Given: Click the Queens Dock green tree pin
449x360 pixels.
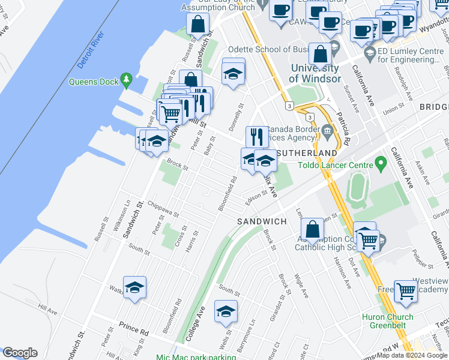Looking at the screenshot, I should [x=126, y=79].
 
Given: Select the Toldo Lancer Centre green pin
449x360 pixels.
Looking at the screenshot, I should [x=380, y=163].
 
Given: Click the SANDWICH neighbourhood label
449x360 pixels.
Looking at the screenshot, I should [x=261, y=221].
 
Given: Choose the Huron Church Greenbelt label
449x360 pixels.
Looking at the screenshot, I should [x=387, y=322].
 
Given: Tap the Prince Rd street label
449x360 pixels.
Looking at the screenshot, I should [x=133, y=331].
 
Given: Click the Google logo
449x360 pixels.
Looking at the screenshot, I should [x=19, y=353].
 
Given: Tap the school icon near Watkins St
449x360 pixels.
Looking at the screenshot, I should [x=135, y=287].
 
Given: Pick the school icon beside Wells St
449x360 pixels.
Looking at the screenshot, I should [x=226, y=311].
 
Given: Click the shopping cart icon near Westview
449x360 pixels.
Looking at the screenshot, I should [x=406, y=290].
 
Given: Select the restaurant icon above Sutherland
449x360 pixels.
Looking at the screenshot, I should [x=257, y=136].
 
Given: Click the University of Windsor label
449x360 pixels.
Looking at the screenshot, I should [x=314, y=73].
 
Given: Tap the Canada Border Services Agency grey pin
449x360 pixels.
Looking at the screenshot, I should [x=327, y=131].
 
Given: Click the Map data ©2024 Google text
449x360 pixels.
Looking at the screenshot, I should [x=412, y=355].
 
